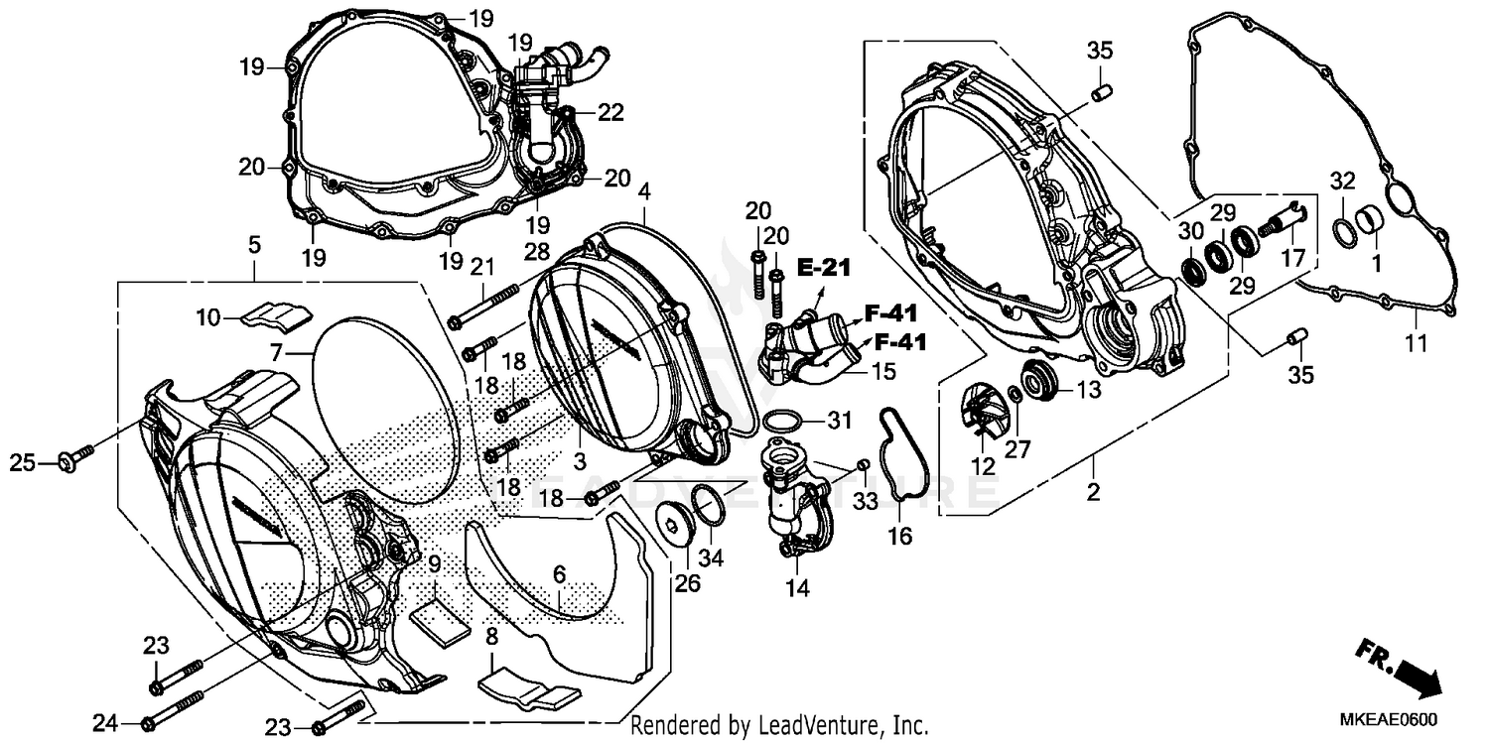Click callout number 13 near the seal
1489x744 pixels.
click(x=1088, y=390)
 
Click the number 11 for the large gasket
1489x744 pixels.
click(x=1415, y=344)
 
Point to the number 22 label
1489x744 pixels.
click(x=610, y=113)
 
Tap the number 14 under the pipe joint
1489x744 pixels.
click(x=799, y=588)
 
